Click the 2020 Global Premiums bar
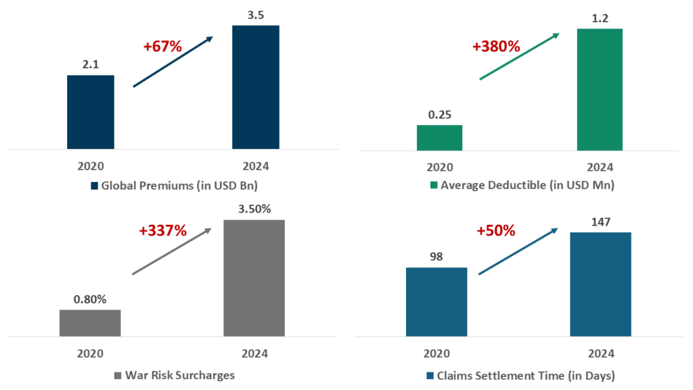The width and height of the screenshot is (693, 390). tap(91, 112)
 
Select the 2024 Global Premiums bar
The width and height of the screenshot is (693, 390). tap(256, 87)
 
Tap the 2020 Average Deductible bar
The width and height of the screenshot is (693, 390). tap(439, 137)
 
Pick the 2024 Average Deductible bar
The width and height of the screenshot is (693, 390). tap(600, 89)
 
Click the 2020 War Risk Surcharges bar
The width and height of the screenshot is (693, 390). tap(90, 323)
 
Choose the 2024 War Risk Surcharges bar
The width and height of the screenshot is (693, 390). tap(254, 278)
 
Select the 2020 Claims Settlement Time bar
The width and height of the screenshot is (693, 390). tap(437, 302)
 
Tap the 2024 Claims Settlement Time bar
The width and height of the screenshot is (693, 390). tap(600, 284)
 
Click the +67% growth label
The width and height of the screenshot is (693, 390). tap(162, 47)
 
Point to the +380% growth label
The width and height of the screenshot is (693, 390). tap(496, 47)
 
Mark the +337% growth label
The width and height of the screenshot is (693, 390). tap(162, 230)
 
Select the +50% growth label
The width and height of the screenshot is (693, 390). tap(496, 230)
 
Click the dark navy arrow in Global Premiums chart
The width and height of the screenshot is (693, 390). tap(173, 62)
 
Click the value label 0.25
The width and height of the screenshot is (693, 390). tap(439, 114)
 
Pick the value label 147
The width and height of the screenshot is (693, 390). tap(600, 221)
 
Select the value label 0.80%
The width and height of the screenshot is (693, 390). tap(90, 299)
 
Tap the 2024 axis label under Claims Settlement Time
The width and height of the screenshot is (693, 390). tap(600, 353)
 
